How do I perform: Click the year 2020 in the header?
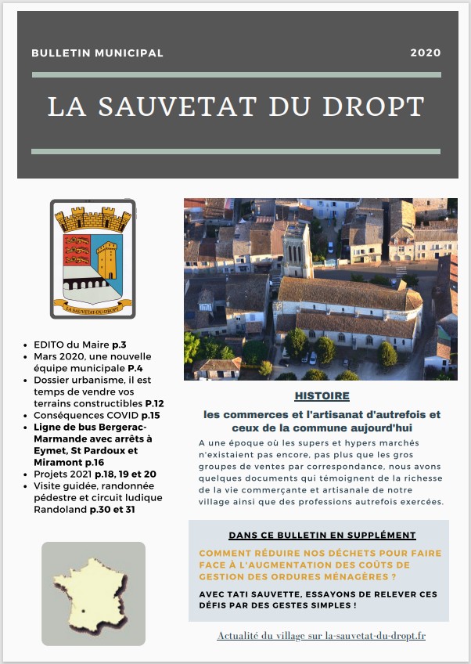coord(426,53)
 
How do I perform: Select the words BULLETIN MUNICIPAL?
coord(98,53)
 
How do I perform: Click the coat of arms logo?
coord(93,258)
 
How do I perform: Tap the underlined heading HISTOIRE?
coord(322,396)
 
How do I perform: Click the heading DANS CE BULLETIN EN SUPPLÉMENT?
coord(322,536)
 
